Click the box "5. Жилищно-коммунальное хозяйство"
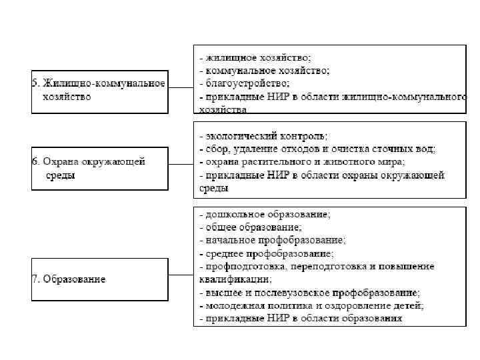[99, 90]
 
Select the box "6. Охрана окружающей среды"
[99, 169]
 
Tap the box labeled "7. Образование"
[99, 279]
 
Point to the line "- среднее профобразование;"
[267, 253]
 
